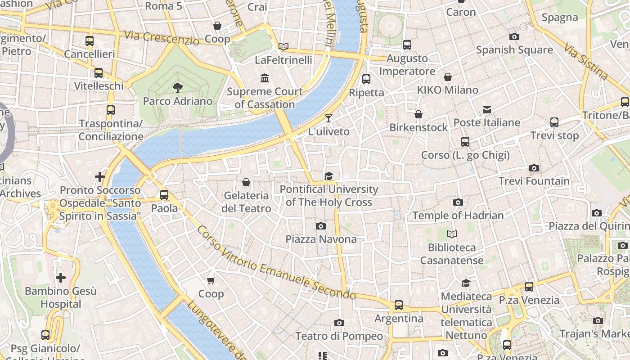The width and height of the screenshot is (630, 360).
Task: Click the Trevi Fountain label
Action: tap(534, 181)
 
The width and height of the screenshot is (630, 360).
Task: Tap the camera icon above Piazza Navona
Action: tap(321, 226)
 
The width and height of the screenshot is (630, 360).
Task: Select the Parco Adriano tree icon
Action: tap(178, 87)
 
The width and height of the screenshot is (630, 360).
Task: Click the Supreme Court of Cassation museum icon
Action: tap(265, 78)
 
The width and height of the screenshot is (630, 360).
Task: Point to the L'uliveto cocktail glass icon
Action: tap(328, 118)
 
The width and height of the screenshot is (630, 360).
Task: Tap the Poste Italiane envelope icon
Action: tap(486, 109)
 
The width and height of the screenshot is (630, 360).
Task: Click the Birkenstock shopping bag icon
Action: tap(418, 114)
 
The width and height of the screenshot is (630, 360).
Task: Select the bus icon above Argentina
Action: tap(399, 305)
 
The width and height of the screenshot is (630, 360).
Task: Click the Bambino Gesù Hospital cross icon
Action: tap(61, 278)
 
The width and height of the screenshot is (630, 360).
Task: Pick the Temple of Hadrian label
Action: tap(458, 216)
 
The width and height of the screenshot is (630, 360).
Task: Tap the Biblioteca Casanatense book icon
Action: tap(452, 234)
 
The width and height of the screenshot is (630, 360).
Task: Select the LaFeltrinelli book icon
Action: tap(283, 46)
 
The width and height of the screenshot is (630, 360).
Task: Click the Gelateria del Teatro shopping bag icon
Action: tap(246, 182)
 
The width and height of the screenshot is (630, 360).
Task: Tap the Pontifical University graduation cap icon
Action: tap(329, 176)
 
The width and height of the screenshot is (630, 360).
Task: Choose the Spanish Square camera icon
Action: tap(514, 36)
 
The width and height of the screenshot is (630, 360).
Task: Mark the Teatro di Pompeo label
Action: tap(339, 336)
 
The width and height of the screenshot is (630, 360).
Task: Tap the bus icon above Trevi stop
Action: tap(554, 122)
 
